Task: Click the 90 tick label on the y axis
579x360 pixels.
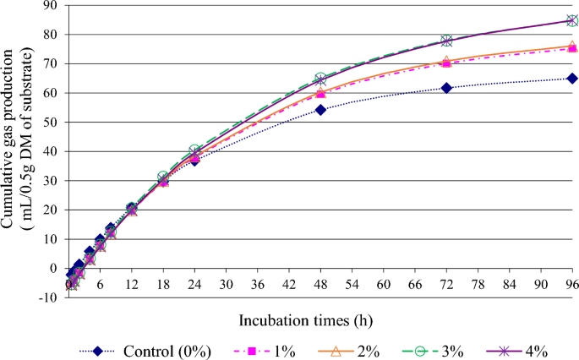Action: [x=52, y=6]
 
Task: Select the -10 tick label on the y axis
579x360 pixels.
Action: [x=48, y=297]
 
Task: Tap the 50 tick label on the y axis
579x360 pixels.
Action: [x=52, y=123]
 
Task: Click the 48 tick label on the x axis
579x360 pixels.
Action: [x=320, y=286]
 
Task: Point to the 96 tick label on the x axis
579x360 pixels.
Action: [x=571, y=286]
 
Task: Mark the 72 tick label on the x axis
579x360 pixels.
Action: [x=446, y=286]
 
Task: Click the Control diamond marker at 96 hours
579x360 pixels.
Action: [x=572, y=79]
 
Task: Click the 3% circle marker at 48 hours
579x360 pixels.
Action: [x=320, y=79]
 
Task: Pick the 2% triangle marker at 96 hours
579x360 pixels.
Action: [x=572, y=46]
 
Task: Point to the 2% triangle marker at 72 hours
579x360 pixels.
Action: [x=446, y=62]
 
